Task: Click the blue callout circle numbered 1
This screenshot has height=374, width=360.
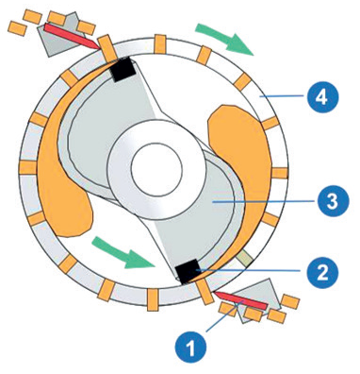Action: click(191, 348)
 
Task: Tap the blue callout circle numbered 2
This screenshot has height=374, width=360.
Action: click(323, 271)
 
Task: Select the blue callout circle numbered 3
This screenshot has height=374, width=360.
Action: click(333, 202)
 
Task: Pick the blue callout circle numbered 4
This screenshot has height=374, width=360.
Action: click(322, 97)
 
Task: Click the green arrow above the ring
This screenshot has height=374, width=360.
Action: click(224, 39)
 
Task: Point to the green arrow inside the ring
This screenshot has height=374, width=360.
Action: click(124, 252)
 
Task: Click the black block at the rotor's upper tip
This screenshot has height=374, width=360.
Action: click(124, 70)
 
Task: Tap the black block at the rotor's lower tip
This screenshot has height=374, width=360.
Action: click(188, 271)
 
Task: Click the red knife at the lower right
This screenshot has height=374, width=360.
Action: click(241, 300)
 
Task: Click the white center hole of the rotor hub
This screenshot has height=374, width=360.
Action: click(156, 168)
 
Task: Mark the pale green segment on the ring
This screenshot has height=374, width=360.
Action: click(245, 258)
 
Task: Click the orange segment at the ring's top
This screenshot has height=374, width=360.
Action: click(160, 44)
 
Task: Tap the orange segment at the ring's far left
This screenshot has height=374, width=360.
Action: click(27, 167)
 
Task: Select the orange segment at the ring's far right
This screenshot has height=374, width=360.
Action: click(280, 173)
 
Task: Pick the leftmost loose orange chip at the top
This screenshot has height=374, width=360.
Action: click(17, 28)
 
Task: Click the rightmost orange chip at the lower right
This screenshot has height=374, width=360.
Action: click(290, 302)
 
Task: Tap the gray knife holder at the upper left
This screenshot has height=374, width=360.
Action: click(59, 35)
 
